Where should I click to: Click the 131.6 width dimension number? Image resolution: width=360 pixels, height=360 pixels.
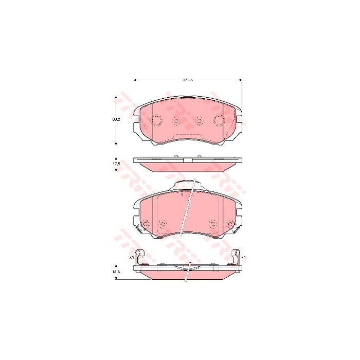tap(188, 80)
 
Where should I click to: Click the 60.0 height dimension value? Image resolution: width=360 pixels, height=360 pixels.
tap(116, 119)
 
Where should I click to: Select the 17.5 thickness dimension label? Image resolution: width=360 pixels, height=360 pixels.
tap(116, 164)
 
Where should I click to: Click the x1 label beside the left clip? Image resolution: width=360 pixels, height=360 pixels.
tap(131, 257)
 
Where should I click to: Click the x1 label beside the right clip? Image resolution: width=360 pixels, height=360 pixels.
tap(244, 257)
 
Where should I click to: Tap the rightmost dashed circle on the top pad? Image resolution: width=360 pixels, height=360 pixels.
tap(218, 121)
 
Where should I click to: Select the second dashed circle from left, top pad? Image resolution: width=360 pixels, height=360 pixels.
tap(176, 121)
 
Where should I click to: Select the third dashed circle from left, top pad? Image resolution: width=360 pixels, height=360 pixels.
tap(199, 121)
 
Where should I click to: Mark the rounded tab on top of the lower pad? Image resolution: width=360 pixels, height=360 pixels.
tap(187, 184)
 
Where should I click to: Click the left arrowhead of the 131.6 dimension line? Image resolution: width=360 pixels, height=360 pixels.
tap(135, 80)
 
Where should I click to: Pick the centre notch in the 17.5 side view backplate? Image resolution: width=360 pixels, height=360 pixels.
tap(187, 159)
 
